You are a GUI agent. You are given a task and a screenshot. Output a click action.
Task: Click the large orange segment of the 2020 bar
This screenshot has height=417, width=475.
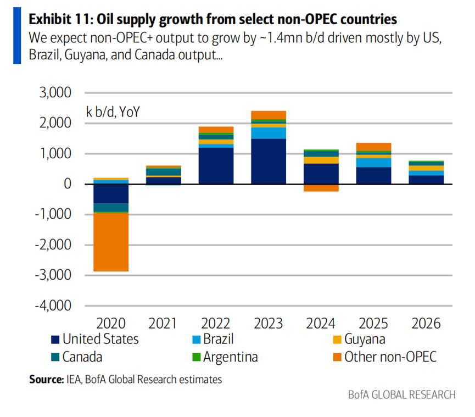[110, 242]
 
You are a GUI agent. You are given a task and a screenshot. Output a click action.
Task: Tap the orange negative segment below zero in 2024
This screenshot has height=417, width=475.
[321, 187]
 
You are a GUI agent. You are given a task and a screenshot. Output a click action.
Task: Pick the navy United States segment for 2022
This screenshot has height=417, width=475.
[216, 165]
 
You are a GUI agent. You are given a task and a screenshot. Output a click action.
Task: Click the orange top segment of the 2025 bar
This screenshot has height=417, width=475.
[374, 147]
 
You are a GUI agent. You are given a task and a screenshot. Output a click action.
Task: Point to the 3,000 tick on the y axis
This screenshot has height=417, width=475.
[57, 93]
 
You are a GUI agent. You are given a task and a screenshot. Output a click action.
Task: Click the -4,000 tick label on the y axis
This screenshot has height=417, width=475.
[54, 305]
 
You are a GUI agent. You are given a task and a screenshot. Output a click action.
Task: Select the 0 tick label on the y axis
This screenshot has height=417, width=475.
[68, 184]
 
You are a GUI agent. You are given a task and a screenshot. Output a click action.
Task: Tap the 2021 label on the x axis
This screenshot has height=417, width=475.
[163, 323]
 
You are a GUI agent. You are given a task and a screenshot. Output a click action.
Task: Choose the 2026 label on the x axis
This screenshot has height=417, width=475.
[426, 323]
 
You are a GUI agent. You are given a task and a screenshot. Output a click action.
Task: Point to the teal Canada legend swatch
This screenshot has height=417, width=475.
[54, 357]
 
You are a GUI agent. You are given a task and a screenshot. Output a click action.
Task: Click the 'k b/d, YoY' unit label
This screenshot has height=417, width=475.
[113, 112]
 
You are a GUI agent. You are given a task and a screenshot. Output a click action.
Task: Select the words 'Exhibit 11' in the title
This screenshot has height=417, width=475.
[60, 20]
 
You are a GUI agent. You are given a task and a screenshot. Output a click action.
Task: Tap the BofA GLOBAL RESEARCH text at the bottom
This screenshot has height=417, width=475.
[401, 395]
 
